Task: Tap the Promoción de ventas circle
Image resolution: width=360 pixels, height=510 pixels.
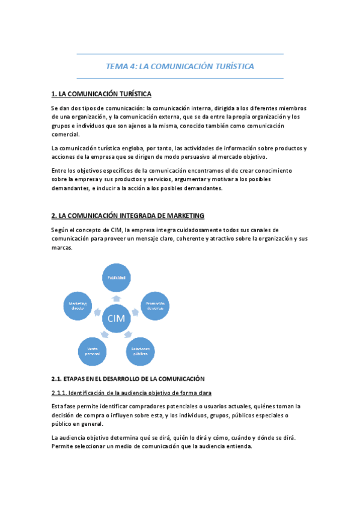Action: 154,305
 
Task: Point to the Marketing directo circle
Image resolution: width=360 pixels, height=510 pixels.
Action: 78,305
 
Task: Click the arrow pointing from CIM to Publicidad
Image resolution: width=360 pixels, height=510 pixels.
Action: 116,297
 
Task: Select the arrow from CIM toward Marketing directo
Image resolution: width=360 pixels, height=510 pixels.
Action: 97,312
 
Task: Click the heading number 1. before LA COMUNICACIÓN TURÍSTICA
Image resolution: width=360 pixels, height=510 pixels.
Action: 54,94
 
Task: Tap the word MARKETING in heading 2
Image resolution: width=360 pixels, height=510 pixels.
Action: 183,215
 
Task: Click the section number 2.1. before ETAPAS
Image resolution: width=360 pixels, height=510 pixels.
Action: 58,378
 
